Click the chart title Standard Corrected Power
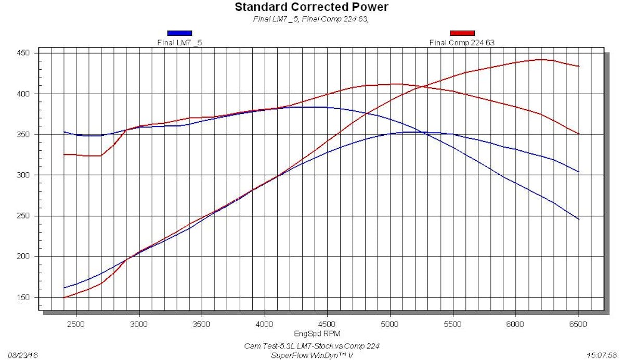(x=311, y=7)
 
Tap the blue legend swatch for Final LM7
(x=179, y=33)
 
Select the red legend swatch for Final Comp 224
(x=462, y=33)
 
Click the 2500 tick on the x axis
(x=76, y=324)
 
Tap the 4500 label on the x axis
(x=327, y=324)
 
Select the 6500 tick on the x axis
(x=578, y=324)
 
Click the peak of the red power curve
(x=542, y=59)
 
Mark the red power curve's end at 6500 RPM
(x=578, y=66)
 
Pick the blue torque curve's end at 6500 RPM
(x=578, y=219)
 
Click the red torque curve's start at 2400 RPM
(x=63, y=155)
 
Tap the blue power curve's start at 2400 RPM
(x=63, y=288)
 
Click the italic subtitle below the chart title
(x=311, y=19)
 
